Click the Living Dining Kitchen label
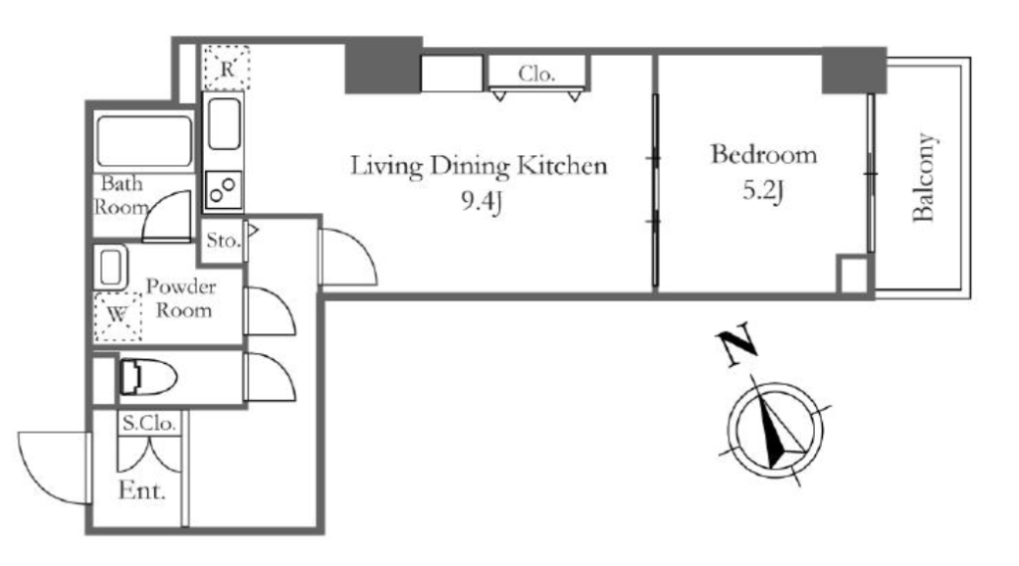(479, 166)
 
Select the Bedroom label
(763, 154)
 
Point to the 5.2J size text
(763, 191)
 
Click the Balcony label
(923, 177)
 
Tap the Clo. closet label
(536, 74)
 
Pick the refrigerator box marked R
(226, 67)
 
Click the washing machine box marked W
(117, 316)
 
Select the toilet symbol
(148, 377)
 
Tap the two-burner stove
(223, 189)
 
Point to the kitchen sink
(224, 123)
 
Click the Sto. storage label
(223, 241)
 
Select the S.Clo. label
(149, 424)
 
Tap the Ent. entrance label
(141, 490)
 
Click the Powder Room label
(181, 298)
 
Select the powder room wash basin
(111, 268)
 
